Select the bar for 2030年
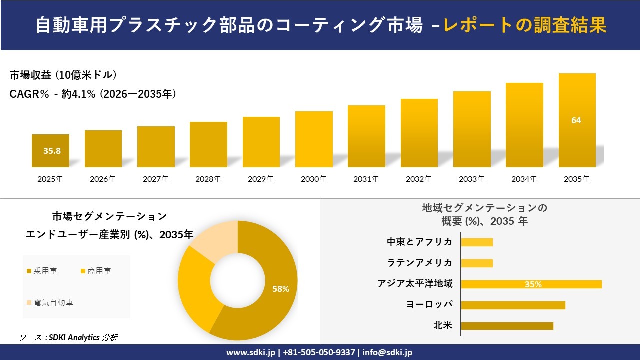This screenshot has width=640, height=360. tap(314, 139)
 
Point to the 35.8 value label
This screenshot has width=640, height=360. tap(52, 150)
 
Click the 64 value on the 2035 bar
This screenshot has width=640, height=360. tap(576, 120)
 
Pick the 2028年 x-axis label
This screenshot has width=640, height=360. tap(208, 179)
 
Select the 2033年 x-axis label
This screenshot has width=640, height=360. tap(471, 179)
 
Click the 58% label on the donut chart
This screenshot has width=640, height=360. tap(280, 289)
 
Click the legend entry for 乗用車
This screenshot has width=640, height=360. tap(42, 271)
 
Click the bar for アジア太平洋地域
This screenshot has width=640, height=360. tap(531, 284)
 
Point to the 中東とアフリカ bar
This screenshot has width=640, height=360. tap(477, 242)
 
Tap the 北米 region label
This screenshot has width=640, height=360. tap(443, 326)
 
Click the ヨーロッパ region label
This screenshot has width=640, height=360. tap(430, 305)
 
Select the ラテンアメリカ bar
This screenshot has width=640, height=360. tap(477, 263)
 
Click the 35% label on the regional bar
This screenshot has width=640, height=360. tap(533, 284)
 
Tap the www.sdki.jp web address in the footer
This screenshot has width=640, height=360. tap(250, 352)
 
